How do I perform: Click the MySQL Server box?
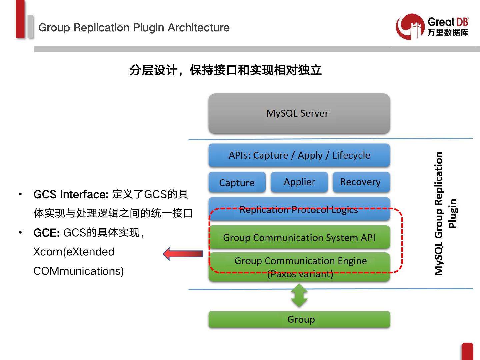299,114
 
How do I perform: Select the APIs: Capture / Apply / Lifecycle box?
299,155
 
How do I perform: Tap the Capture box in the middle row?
237,182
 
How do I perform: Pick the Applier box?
299,182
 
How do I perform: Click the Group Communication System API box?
299,237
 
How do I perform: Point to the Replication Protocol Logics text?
298,210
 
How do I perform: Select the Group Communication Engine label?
300,261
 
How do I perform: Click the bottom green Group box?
299,319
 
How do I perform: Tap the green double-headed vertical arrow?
299,295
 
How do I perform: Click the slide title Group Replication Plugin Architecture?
134,27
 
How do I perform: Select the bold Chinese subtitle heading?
225,70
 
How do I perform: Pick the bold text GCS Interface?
71,194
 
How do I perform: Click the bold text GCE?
46,233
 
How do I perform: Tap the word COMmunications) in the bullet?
79,271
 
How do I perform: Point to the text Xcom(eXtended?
74,252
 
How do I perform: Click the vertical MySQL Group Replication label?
439,213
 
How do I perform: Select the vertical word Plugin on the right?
452,213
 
